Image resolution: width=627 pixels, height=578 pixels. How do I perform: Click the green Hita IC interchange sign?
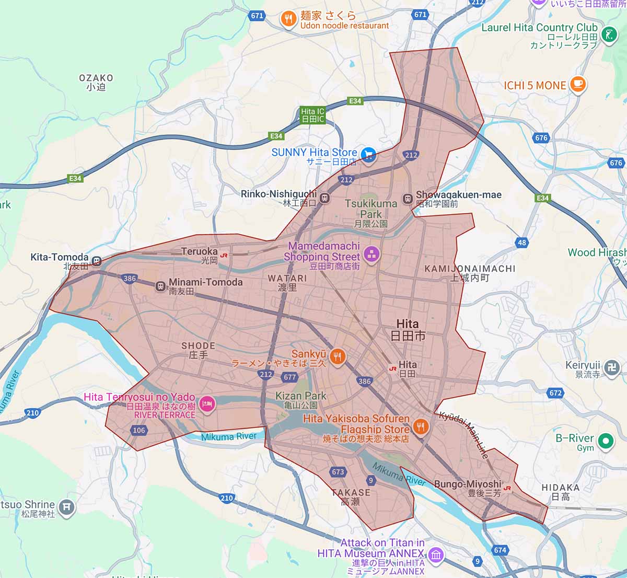(x=313, y=115)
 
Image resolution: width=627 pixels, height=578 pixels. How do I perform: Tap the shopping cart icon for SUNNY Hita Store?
(x=369, y=155)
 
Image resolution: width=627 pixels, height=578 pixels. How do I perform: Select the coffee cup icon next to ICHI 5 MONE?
(x=577, y=84)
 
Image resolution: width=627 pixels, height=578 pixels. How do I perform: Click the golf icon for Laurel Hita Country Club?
(x=608, y=35)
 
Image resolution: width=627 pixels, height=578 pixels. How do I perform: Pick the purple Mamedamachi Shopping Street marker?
(x=371, y=255)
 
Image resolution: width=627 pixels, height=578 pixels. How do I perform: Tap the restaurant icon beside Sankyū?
(x=338, y=357)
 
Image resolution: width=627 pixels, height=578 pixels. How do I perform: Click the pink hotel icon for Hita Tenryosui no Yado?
(x=207, y=404)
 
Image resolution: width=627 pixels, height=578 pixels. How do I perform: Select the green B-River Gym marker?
(x=605, y=441)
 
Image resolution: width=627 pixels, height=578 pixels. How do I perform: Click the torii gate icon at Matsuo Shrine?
(x=66, y=506)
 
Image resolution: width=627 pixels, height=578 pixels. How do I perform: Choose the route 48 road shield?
(x=522, y=242)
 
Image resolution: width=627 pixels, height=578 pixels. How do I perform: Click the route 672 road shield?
(x=555, y=392)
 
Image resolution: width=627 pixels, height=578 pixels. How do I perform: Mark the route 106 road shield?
(x=139, y=431)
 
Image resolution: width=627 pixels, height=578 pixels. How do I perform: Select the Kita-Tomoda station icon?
(x=96, y=260)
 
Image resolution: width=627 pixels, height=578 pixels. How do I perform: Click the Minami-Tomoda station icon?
(x=160, y=285)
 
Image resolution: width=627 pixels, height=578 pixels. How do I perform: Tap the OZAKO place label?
(x=96, y=82)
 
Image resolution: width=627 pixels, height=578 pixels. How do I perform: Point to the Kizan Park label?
(x=300, y=400)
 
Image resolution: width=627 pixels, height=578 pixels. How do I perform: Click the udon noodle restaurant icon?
(x=288, y=19)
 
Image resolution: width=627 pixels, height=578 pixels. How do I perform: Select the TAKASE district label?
(x=351, y=496)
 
